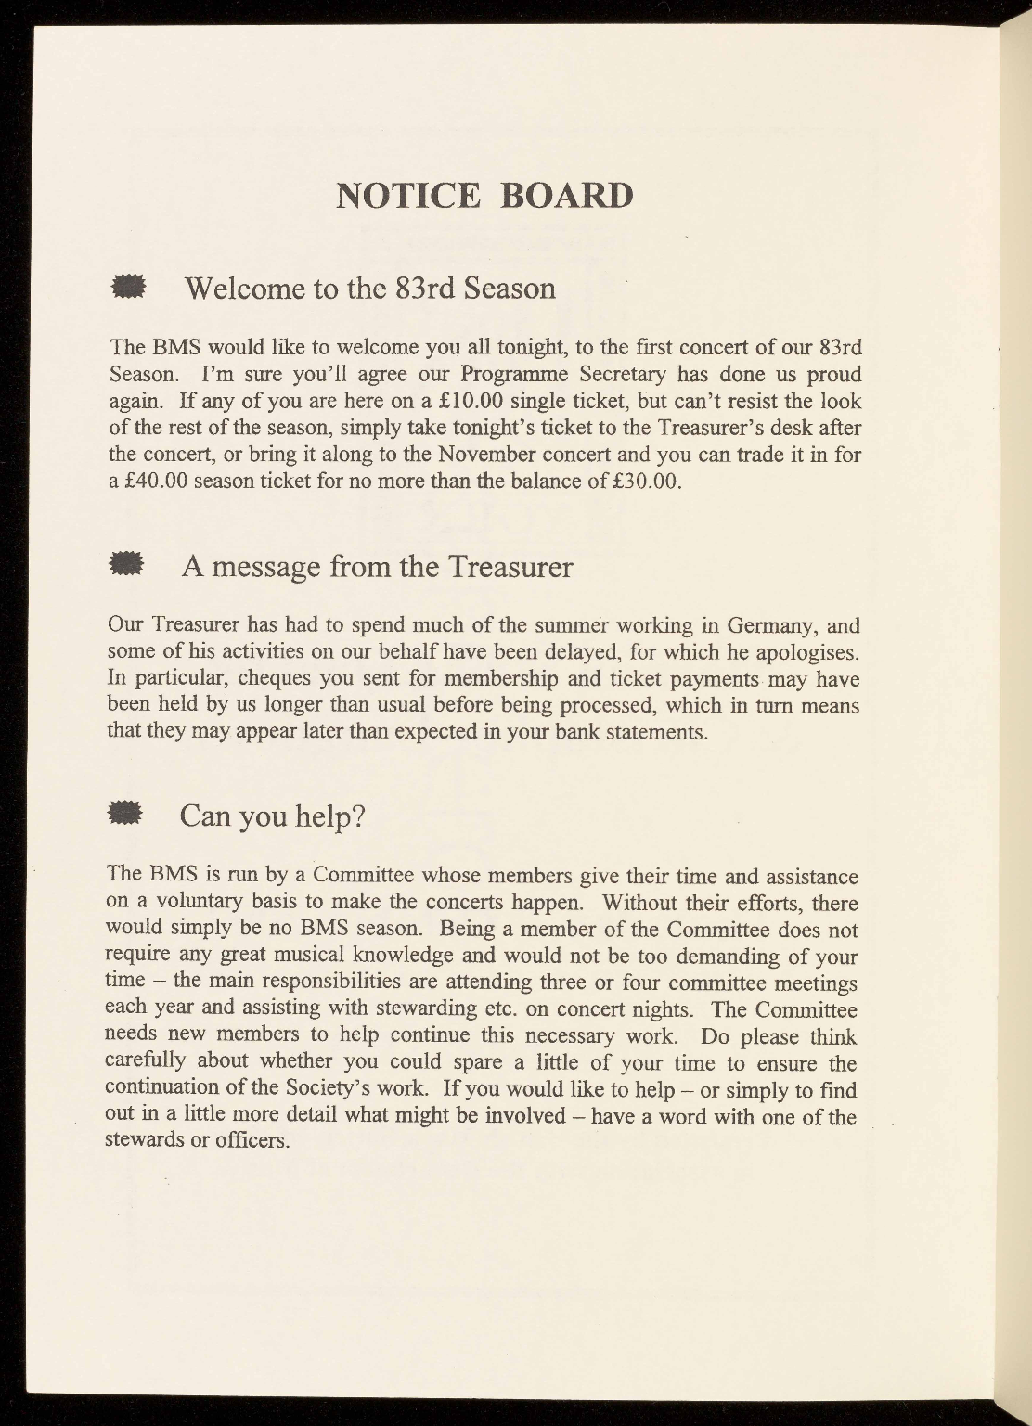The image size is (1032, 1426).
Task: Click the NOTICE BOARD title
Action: point(484,196)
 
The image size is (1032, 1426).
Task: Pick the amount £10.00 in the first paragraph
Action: point(471,403)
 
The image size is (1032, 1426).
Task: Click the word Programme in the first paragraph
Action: point(509,376)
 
